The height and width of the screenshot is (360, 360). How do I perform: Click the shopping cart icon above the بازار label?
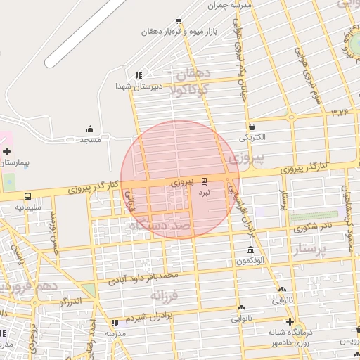(179, 21)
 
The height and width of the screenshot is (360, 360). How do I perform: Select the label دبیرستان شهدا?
(139, 86)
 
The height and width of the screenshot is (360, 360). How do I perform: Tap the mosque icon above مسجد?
(91, 129)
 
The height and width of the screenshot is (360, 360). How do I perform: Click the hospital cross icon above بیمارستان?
(6, 151)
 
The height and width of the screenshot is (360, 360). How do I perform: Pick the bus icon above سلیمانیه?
(28, 197)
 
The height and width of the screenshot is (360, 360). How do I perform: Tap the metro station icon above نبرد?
(204, 180)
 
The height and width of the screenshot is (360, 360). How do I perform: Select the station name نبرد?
(204, 191)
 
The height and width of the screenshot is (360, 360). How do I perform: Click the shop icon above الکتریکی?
(252, 127)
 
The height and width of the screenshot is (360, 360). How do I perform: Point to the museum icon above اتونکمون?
(250, 250)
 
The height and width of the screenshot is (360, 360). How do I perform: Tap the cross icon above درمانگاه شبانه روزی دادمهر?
(289, 321)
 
